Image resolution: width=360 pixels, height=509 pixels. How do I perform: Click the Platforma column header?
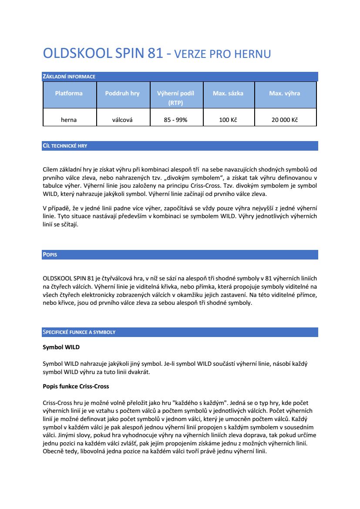[x=69, y=93]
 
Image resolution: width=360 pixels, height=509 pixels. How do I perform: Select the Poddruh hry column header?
[x=122, y=93]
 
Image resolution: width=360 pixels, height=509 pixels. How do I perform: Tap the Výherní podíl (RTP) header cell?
[x=175, y=98]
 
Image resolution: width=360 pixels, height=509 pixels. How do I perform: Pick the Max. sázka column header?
[x=228, y=93]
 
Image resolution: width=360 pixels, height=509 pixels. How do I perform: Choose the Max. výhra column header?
[x=284, y=93]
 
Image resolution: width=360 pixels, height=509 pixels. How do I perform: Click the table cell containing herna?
[x=69, y=120]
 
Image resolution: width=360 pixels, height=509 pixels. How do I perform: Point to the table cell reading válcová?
[x=122, y=120]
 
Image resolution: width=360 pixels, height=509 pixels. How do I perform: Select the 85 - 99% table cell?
[x=175, y=120]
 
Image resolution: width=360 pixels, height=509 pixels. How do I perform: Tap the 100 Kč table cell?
[x=228, y=120]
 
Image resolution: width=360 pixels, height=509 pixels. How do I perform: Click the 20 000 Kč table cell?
[x=284, y=120]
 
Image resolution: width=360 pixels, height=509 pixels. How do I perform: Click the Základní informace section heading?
[x=69, y=77]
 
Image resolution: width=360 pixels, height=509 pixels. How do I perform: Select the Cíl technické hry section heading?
[x=65, y=146]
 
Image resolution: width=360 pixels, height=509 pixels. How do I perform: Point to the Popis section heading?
[x=50, y=255]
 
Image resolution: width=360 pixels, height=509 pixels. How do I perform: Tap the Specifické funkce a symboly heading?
[x=79, y=332]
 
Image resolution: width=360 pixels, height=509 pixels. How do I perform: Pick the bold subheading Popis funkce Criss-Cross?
[x=76, y=386]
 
